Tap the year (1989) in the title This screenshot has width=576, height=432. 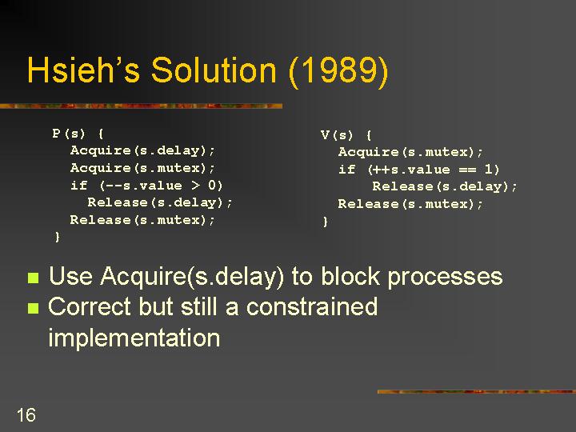click(338, 72)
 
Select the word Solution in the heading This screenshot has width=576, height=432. click(214, 70)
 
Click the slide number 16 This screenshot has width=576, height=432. click(26, 414)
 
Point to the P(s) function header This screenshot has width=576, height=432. click(78, 133)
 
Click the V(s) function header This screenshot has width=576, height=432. click(346, 135)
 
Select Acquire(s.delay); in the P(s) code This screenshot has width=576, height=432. click(142, 150)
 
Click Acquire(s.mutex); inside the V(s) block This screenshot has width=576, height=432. click(410, 152)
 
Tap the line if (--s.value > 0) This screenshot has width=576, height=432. click(146, 185)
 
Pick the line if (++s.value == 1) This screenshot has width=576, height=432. click(418, 169)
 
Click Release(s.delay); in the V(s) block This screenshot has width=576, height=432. click(445, 186)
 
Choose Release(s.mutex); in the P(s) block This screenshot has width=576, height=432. click(142, 220)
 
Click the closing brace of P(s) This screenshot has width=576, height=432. click(57, 237)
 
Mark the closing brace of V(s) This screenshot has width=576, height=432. click(325, 222)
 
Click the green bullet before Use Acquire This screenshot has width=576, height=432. click(33, 278)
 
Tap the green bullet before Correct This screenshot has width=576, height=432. click(33, 308)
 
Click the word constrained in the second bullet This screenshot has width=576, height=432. click(312, 306)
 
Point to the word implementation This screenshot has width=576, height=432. click(134, 338)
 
